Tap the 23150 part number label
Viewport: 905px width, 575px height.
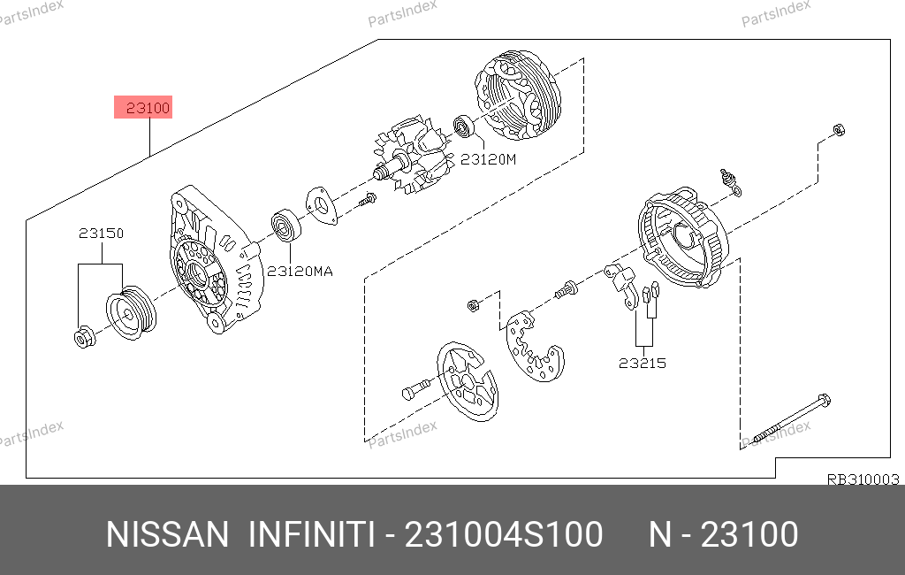click(101, 234)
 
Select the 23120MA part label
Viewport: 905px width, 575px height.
click(300, 271)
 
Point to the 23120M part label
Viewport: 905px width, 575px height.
click(488, 159)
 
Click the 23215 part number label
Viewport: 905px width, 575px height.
click(642, 363)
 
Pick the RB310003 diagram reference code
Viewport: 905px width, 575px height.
click(863, 479)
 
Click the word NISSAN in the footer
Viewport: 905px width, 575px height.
click(167, 534)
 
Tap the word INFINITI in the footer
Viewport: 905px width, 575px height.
click(312, 534)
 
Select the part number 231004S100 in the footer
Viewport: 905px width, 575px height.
click(504, 534)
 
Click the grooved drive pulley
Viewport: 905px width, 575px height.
click(131, 312)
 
